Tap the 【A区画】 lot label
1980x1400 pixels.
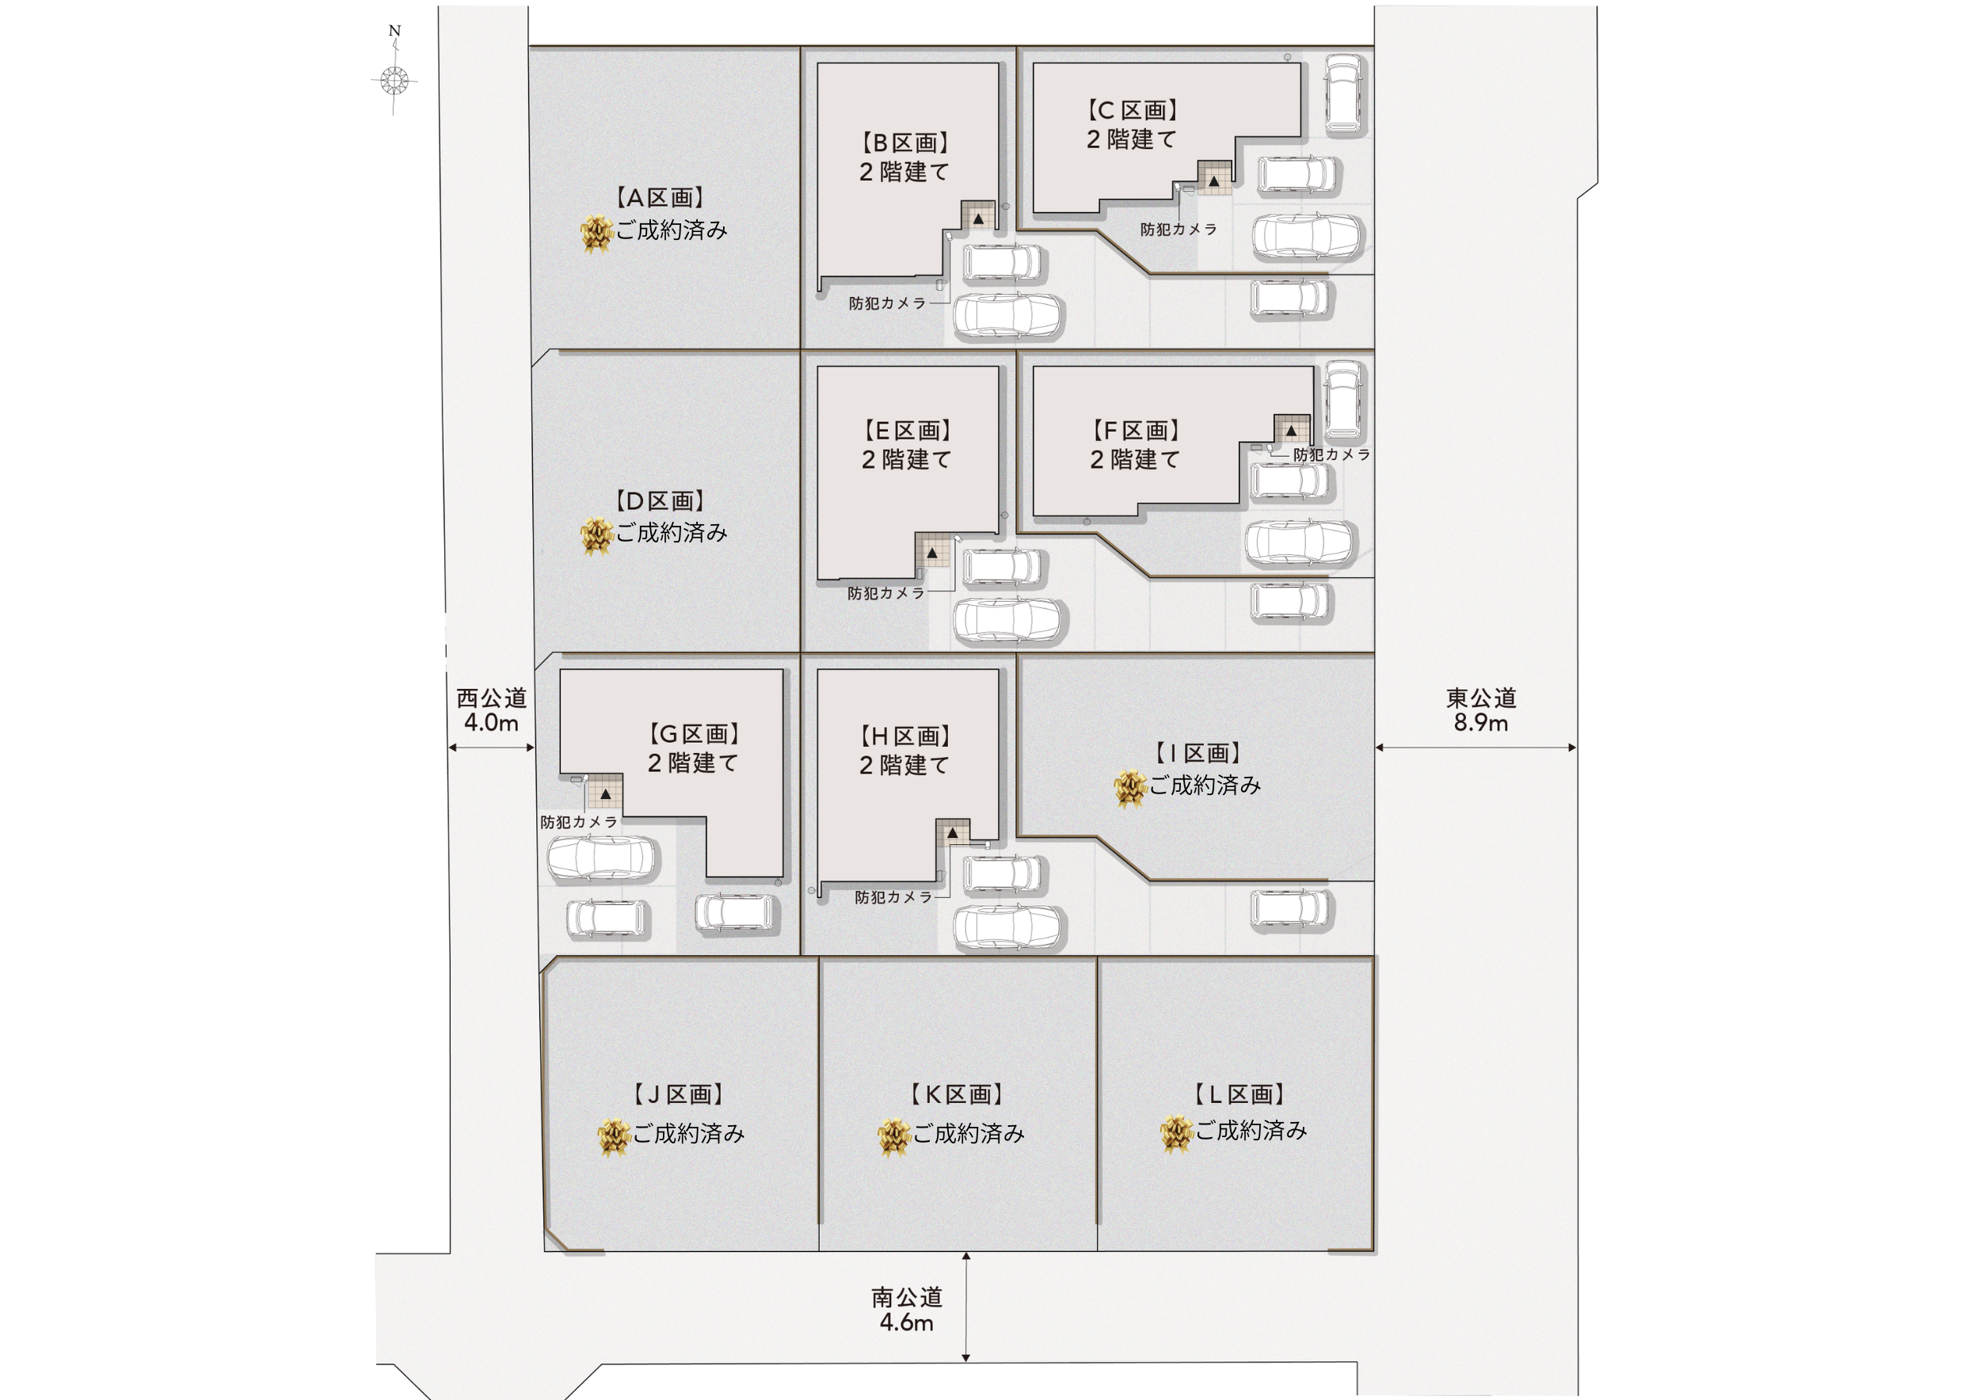click(661, 198)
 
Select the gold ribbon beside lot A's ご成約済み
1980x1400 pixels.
click(596, 234)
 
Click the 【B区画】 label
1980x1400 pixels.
click(905, 143)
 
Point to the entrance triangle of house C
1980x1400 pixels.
click(1213, 182)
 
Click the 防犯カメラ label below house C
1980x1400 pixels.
click(1178, 230)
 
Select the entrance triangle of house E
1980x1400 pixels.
click(931, 553)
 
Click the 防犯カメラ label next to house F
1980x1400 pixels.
click(1331, 455)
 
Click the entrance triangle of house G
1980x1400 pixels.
click(605, 794)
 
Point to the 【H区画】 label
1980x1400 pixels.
click(905, 736)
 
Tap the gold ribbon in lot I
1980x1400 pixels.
click(1129, 789)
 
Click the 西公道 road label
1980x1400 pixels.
click(492, 698)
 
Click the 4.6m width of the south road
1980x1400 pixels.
click(906, 1322)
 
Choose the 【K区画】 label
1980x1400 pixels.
click(958, 1095)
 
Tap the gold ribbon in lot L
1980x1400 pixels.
click(1176, 1133)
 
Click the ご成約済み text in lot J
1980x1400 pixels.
click(689, 1134)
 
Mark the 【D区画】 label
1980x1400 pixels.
click(661, 501)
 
